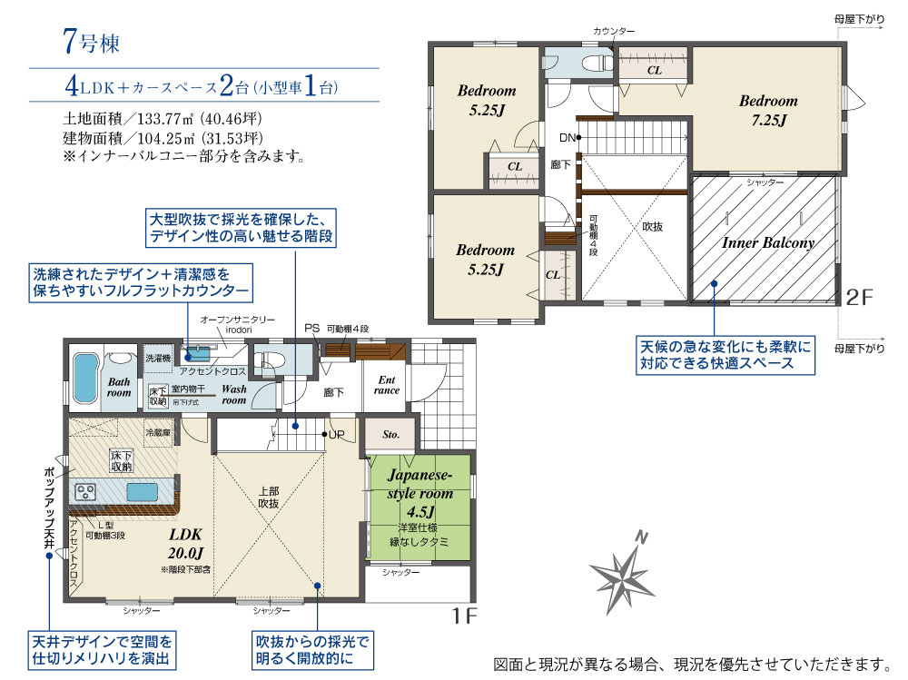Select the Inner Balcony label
767,242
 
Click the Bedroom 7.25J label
767,110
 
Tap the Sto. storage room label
390,435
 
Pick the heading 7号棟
92,40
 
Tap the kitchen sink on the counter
142,493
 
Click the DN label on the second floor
567,138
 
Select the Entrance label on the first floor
386,384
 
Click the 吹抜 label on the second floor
652,227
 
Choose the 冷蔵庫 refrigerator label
157,434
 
